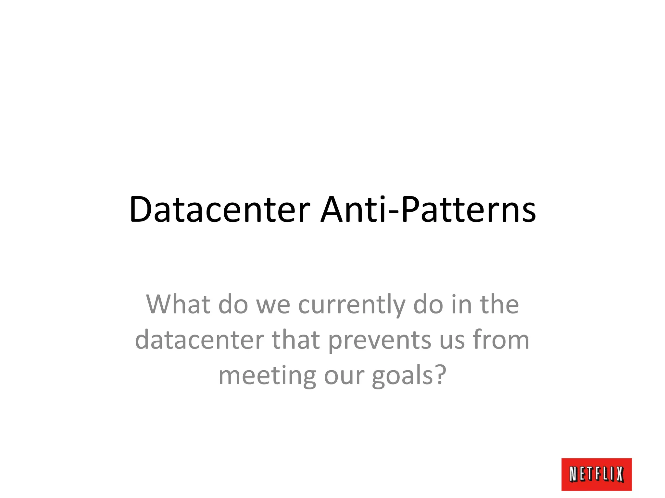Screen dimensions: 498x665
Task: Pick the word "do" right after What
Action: click(x=233, y=304)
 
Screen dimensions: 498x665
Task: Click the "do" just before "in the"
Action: click(x=428, y=304)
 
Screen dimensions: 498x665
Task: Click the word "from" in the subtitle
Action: click(x=500, y=340)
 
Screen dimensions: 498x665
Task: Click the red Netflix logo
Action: click(x=596, y=474)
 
